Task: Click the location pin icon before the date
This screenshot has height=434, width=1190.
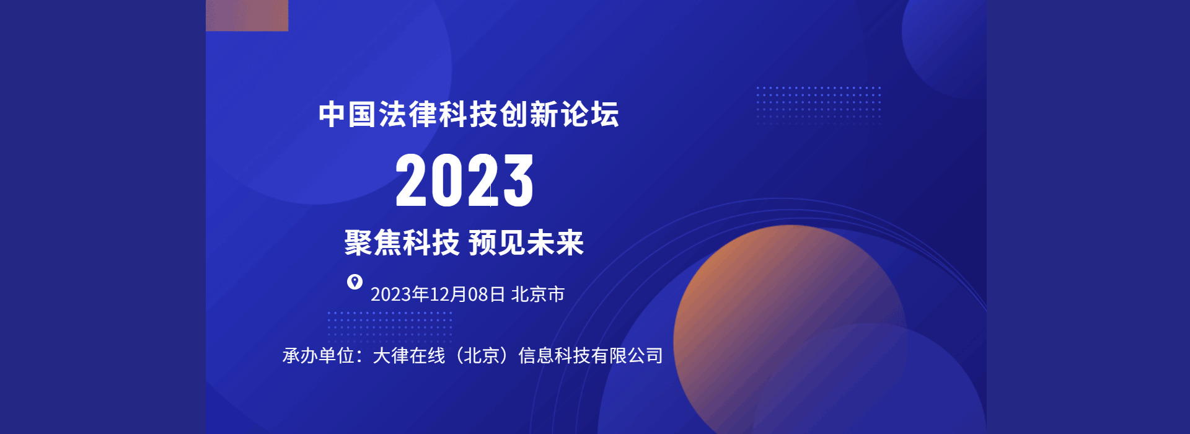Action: click(x=355, y=282)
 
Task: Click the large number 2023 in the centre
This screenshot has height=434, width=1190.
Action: click(x=464, y=180)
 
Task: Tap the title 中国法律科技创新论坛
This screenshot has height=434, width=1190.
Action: click(x=469, y=115)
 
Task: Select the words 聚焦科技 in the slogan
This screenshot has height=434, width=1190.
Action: click(x=402, y=242)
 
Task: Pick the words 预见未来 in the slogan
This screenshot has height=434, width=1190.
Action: click(x=526, y=242)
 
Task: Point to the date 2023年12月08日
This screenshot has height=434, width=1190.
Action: click(x=438, y=294)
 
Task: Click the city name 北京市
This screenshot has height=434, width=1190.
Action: click(x=538, y=294)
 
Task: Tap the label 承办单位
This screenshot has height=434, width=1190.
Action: click(x=319, y=356)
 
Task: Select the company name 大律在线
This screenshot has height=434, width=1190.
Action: click(x=409, y=356)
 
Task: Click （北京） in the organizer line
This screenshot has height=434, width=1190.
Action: click(x=482, y=356)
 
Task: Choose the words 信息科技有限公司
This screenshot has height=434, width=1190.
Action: click(x=591, y=356)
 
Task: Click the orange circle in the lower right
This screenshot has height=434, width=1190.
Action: click(x=790, y=329)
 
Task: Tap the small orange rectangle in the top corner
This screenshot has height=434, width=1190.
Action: click(x=247, y=15)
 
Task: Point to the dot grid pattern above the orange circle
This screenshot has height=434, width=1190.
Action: click(x=818, y=105)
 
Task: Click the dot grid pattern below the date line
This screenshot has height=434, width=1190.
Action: click(x=389, y=327)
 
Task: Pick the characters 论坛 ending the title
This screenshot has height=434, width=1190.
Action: click(x=590, y=115)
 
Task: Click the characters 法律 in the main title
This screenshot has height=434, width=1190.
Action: click(x=408, y=115)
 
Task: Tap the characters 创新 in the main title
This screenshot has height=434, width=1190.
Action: click(x=529, y=115)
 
